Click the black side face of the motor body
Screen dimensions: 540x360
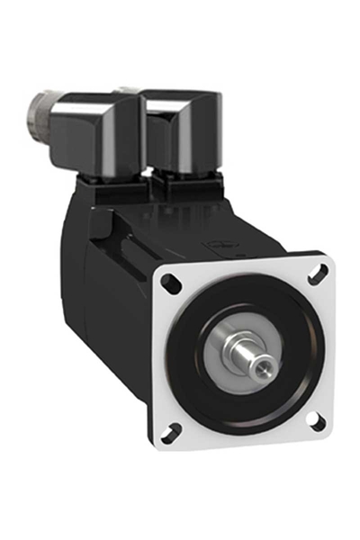[117, 306]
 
